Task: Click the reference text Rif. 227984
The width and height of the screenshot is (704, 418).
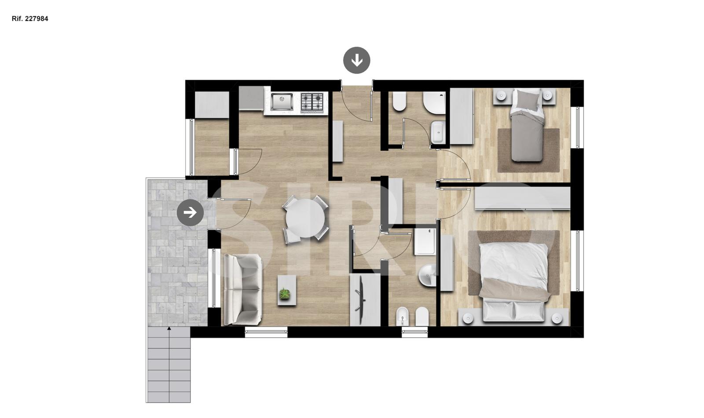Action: (x=30, y=19)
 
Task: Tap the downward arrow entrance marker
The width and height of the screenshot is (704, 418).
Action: (x=357, y=60)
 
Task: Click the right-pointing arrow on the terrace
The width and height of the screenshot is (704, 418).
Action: (x=190, y=213)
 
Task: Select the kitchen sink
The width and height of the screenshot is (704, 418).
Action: (x=282, y=102)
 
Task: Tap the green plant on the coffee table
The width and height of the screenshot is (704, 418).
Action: (x=284, y=294)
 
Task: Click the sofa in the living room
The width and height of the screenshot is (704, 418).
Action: (x=243, y=290)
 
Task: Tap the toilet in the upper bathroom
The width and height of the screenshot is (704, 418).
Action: (x=399, y=102)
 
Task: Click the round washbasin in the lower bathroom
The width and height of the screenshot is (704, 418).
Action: (x=427, y=275)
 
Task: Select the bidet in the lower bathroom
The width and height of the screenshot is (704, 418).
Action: (x=401, y=316)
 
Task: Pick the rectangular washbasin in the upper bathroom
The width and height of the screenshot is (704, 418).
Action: (x=437, y=132)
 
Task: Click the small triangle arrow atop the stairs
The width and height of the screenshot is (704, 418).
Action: (x=169, y=328)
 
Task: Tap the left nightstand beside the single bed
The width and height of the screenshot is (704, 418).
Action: (x=501, y=95)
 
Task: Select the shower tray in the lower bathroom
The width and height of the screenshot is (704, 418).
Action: (x=425, y=241)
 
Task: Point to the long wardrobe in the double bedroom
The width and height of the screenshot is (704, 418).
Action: (x=522, y=198)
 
